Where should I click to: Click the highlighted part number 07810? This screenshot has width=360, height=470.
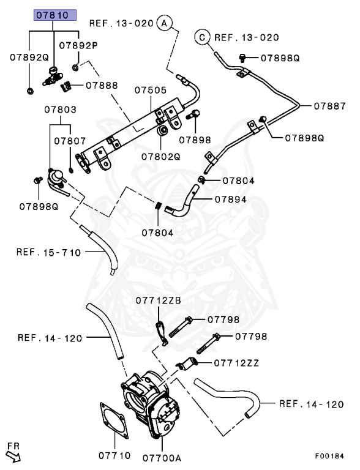coord(54,15)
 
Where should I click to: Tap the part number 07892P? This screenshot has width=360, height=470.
coord(78,45)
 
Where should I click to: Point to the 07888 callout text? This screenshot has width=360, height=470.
coord(102,85)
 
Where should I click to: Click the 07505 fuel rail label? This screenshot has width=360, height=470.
coord(151,90)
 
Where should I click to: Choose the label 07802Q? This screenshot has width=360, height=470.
coord(161,156)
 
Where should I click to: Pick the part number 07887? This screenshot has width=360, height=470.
coord(330,105)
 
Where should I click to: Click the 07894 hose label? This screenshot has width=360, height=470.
coord(230,200)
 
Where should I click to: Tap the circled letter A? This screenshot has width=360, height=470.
coord(163,24)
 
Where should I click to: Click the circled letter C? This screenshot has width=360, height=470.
coord(201,37)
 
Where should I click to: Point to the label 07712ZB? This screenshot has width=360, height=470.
coord(158,300)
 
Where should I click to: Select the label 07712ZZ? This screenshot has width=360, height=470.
coord(236,362)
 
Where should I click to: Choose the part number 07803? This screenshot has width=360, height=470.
coord(60,110)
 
